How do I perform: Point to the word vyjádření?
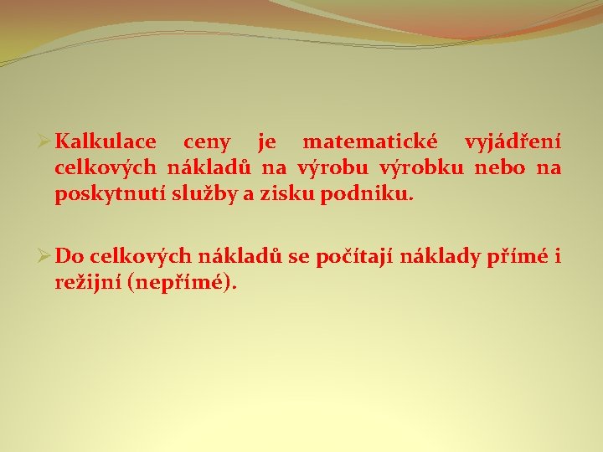point(513,143)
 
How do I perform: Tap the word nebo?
point(499,169)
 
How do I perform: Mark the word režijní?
point(88,284)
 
